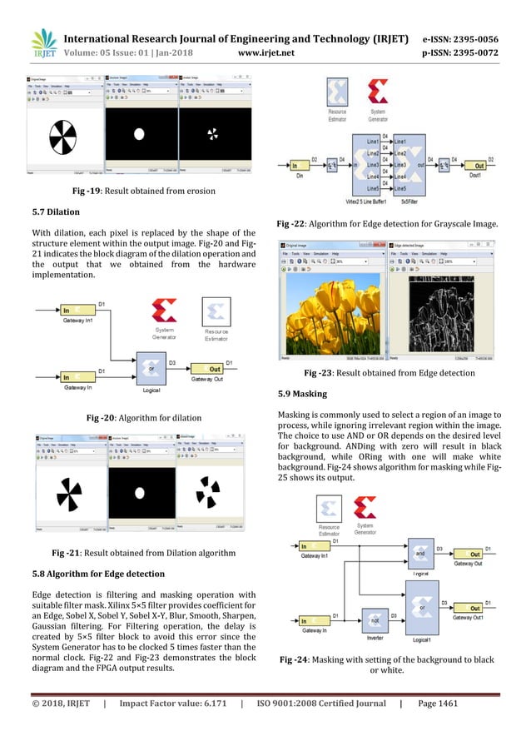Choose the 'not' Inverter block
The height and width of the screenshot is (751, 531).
(375, 621)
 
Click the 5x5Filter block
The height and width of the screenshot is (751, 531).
(407, 167)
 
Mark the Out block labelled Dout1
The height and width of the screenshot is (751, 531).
(475, 166)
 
